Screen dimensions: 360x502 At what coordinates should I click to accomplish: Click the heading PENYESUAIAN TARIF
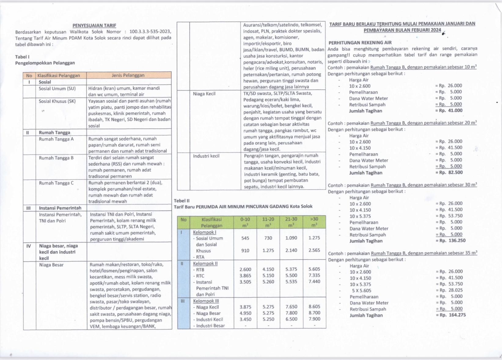coord(94,26)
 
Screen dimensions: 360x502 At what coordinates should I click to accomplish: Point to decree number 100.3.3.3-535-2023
coord(150,32)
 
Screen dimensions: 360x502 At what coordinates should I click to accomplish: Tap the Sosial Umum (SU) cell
coord(57,89)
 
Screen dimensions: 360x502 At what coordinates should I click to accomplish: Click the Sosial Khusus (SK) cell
coord(57,101)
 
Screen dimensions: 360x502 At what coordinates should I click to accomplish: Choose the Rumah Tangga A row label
coord(56,139)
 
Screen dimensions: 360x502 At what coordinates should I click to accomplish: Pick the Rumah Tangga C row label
coord(56,183)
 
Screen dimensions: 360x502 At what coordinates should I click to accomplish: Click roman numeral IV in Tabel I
coord(29,246)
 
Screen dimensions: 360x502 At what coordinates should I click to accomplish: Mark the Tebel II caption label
coord(182,201)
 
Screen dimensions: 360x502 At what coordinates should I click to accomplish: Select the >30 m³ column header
coord(314,222)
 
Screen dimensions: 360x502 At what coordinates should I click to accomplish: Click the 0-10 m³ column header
coord(245,222)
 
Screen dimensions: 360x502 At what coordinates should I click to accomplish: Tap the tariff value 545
coord(245,238)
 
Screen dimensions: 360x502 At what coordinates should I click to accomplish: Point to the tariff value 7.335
coord(314,275)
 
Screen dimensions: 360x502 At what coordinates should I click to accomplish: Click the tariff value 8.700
coord(314,313)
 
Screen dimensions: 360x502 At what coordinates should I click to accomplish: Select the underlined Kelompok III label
coord(206,301)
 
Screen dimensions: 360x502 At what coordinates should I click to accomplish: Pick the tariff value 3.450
coord(245,319)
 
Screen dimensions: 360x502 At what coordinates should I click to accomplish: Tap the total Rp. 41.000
coord(450,111)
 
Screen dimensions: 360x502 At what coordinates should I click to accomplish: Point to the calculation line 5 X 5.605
coord(361,291)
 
